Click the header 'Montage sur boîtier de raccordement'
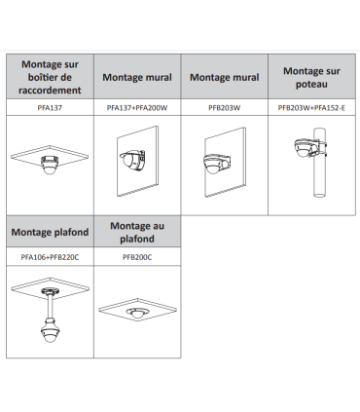pyautogui.click(x=50, y=77)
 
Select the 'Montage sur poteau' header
pyautogui.click(x=311, y=77)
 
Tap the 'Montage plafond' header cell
pyautogui.click(x=50, y=232)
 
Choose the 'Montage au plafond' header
pyautogui.click(x=137, y=232)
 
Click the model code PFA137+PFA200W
pyautogui.click(x=137, y=108)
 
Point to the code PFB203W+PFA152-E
pyautogui.click(x=311, y=108)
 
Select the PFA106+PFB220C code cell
pyautogui.click(x=50, y=257)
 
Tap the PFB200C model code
pyautogui.click(x=137, y=257)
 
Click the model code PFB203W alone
pyautogui.click(x=225, y=108)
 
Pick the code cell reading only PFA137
pyautogui.click(x=50, y=108)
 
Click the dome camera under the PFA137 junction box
pyautogui.click(x=50, y=166)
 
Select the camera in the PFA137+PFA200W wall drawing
pyautogui.click(x=132, y=160)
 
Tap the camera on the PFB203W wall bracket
pyautogui.click(x=215, y=165)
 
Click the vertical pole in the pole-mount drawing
pyautogui.click(x=319, y=163)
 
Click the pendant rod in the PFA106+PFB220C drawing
pyautogui.click(x=50, y=306)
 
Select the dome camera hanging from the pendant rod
pyautogui.click(x=50, y=330)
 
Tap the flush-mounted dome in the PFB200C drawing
pyautogui.click(x=137, y=313)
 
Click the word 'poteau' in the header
pyautogui.click(x=311, y=84)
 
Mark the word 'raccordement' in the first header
pyautogui.click(x=50, y=91)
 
